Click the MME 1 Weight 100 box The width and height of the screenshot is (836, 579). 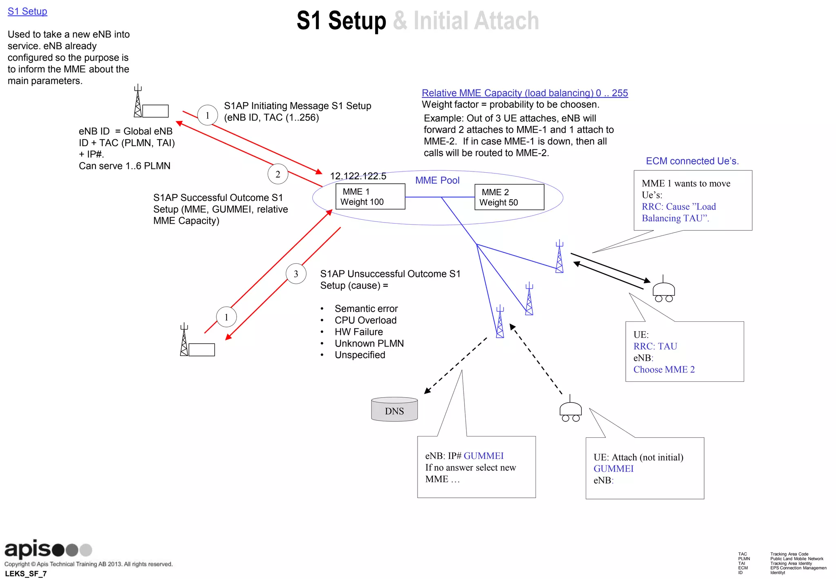(370, 196)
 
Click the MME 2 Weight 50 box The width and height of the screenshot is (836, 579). (509, 197)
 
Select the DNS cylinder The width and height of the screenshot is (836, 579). (394, 410)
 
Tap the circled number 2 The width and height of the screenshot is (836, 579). (278, 174)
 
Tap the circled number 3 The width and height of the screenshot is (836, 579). (296, 274)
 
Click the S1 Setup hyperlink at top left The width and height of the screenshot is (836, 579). (27, 11)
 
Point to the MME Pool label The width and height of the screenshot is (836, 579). (437, 180)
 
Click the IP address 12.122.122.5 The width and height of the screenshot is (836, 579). (358, 176)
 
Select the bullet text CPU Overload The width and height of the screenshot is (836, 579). (365, 321)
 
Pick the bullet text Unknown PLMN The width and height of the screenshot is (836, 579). (369, 343)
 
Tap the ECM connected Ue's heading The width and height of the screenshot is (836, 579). (692, 161)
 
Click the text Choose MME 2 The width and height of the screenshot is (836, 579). (664, 370)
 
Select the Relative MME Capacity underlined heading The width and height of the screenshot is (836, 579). (525, 93)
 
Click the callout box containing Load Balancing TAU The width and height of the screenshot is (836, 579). (692, 200)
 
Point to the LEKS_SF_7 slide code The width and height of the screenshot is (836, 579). (26, 574)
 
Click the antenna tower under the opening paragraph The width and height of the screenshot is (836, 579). (138, 102)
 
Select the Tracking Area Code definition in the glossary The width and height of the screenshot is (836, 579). (789, 554)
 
